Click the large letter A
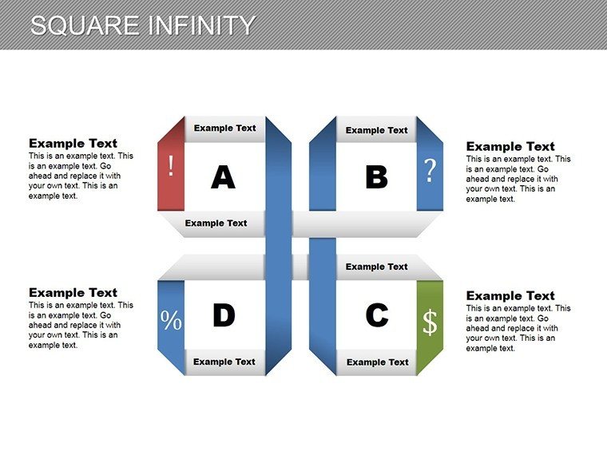(223, 177)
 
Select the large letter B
(376, 177)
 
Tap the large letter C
(377, 315)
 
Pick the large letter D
(224, 315)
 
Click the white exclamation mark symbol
(171, 166)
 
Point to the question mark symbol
(430, 170)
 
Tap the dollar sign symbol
(430, 322)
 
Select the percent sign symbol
(171, 320)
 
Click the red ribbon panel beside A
(171, 164)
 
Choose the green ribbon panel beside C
(430, 327)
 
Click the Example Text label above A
(225, 128)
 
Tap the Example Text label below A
(216, 224)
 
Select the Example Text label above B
(377, 130)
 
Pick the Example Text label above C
(377, 267)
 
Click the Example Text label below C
(378, 362)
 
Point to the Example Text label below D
(224, 362)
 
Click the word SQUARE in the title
(85, 26)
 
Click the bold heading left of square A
(73, 144)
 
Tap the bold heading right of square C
(510, 296)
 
